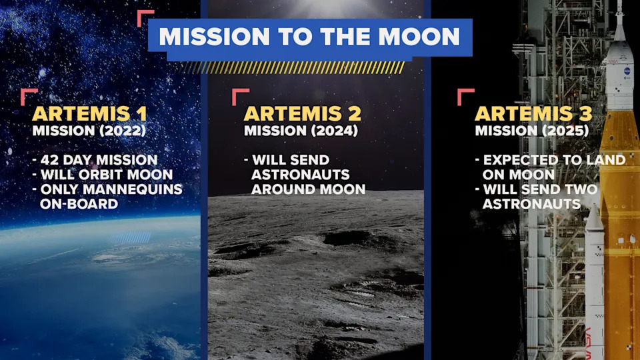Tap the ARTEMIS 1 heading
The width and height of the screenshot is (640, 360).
(89, 113)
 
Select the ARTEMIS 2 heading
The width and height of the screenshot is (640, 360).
(301, 113)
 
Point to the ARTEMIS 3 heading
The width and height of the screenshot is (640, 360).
(532, 113)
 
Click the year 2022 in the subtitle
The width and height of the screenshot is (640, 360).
(125, 131)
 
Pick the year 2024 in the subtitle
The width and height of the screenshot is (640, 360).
(337, 131)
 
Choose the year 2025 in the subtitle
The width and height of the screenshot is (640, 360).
(568, 131)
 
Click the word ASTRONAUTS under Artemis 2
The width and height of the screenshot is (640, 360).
(300, 175)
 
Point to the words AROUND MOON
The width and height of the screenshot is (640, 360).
(308, 189)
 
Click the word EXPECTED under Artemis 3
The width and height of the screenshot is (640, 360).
(517, 160)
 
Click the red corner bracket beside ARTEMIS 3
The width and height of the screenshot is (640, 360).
(465, 96)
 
